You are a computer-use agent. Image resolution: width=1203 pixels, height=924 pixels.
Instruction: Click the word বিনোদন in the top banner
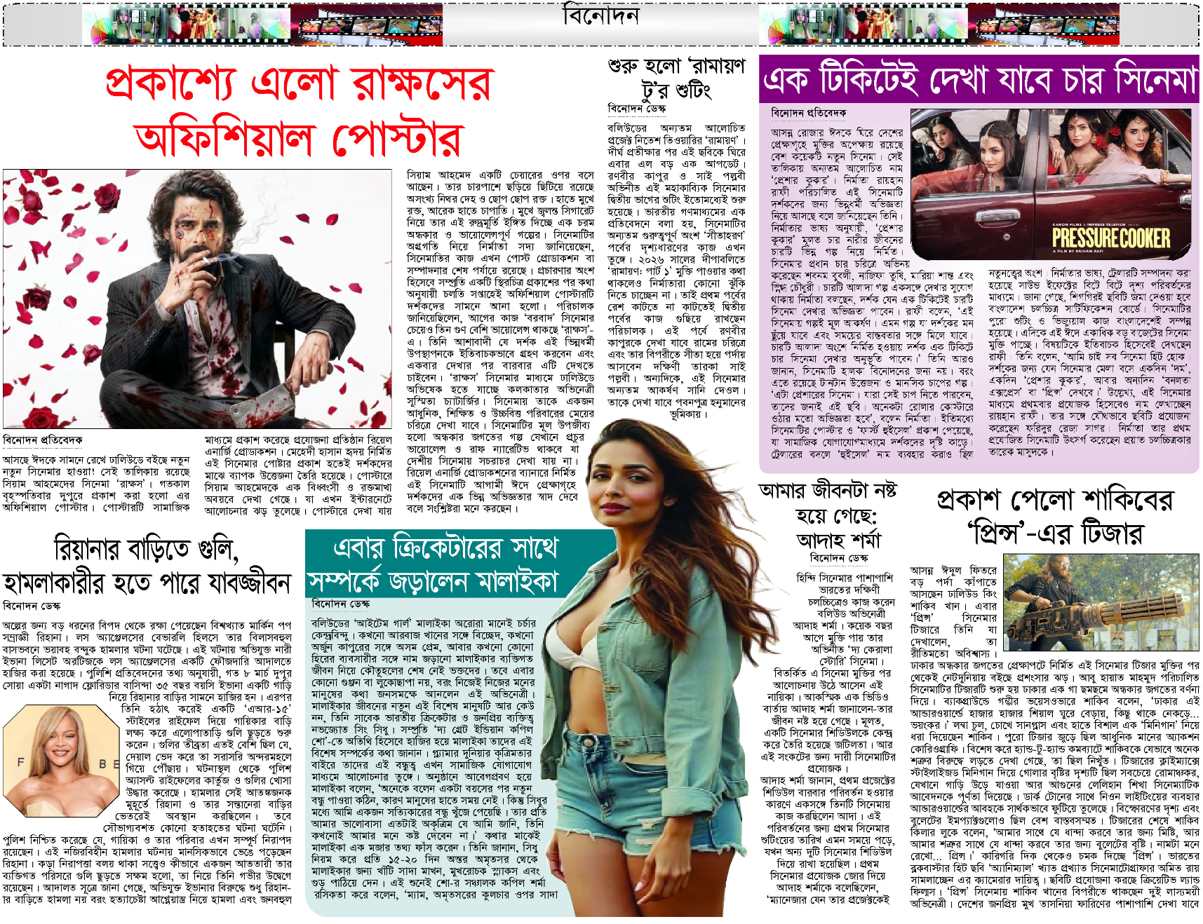click(x=600, y=15)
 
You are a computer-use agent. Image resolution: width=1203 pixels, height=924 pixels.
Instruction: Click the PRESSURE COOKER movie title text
click(x=1110, y=238)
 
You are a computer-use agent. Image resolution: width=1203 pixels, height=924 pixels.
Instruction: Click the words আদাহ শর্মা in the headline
click(x=838, y=541)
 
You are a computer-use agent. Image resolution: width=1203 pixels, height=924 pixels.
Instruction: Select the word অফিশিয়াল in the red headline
click(x=224, y=138)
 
